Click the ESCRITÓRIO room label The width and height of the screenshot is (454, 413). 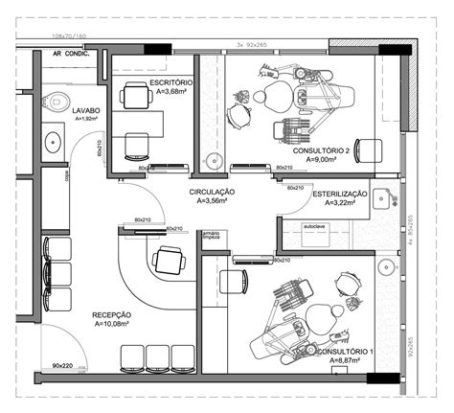(171, 83)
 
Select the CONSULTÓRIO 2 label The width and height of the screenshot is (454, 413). (328, 151)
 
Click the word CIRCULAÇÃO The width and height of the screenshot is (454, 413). (213, 193)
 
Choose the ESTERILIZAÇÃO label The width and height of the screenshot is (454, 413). (341, 194)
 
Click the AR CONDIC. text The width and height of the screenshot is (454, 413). (72, 55)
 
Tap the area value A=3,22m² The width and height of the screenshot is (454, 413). (341, 203)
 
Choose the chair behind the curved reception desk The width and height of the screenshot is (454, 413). (170, 260)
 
